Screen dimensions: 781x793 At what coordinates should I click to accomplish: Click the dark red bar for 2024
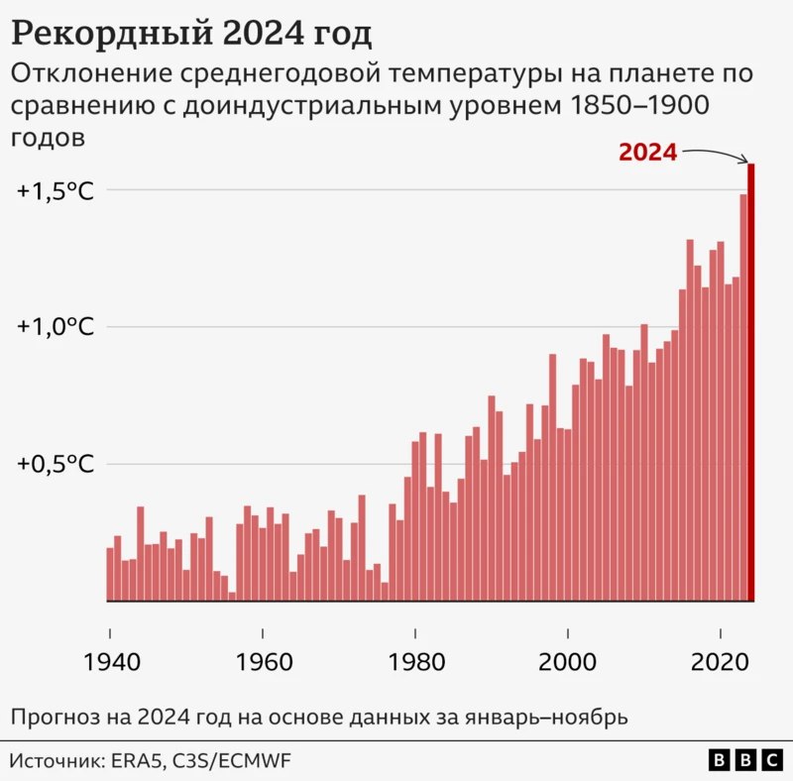(751, 387)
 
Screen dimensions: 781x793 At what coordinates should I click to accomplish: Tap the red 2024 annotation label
(647, 153)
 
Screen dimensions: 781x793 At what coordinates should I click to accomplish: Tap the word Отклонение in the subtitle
(83, 74)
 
